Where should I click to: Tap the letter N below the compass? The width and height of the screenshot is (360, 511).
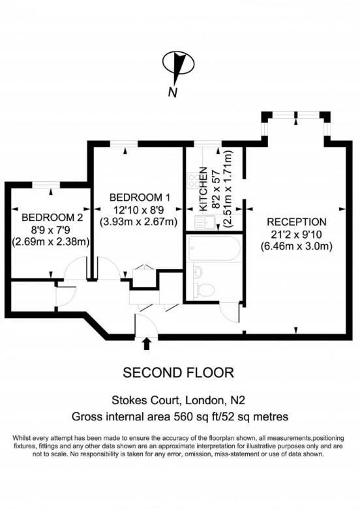coord(173,92)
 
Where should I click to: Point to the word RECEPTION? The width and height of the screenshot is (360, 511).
coord(296,221)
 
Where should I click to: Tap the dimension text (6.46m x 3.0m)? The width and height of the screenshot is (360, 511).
coord(297,246)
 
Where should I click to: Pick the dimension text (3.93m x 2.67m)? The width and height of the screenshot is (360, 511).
coord(139,222)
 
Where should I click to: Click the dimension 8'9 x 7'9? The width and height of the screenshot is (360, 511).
coord(52,229)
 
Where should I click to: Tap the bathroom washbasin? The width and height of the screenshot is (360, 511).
coord(198,271)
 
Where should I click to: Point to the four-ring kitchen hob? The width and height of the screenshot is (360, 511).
coord(192,177)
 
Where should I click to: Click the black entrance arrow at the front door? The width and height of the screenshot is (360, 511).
coord(146,343)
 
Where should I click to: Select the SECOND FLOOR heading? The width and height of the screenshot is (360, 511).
coord(178,373)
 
